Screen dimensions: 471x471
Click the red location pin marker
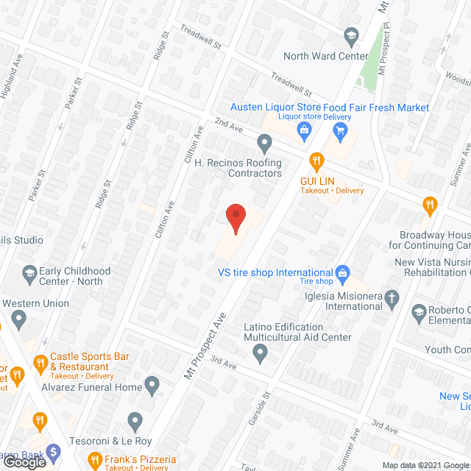(x=235, y=217)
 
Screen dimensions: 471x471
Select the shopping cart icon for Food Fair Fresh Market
(x=340, y=131)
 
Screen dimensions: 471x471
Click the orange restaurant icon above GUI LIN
(x=316, y=159)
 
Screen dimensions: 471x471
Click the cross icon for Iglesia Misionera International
(x=393, y=297)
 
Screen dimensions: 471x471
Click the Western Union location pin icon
(x=19, y=319)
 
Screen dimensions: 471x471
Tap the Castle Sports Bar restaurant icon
(x=40, y=361)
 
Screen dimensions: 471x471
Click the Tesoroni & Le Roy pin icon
(x=135, y=421)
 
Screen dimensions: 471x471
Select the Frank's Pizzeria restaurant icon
(x=94, y=461)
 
